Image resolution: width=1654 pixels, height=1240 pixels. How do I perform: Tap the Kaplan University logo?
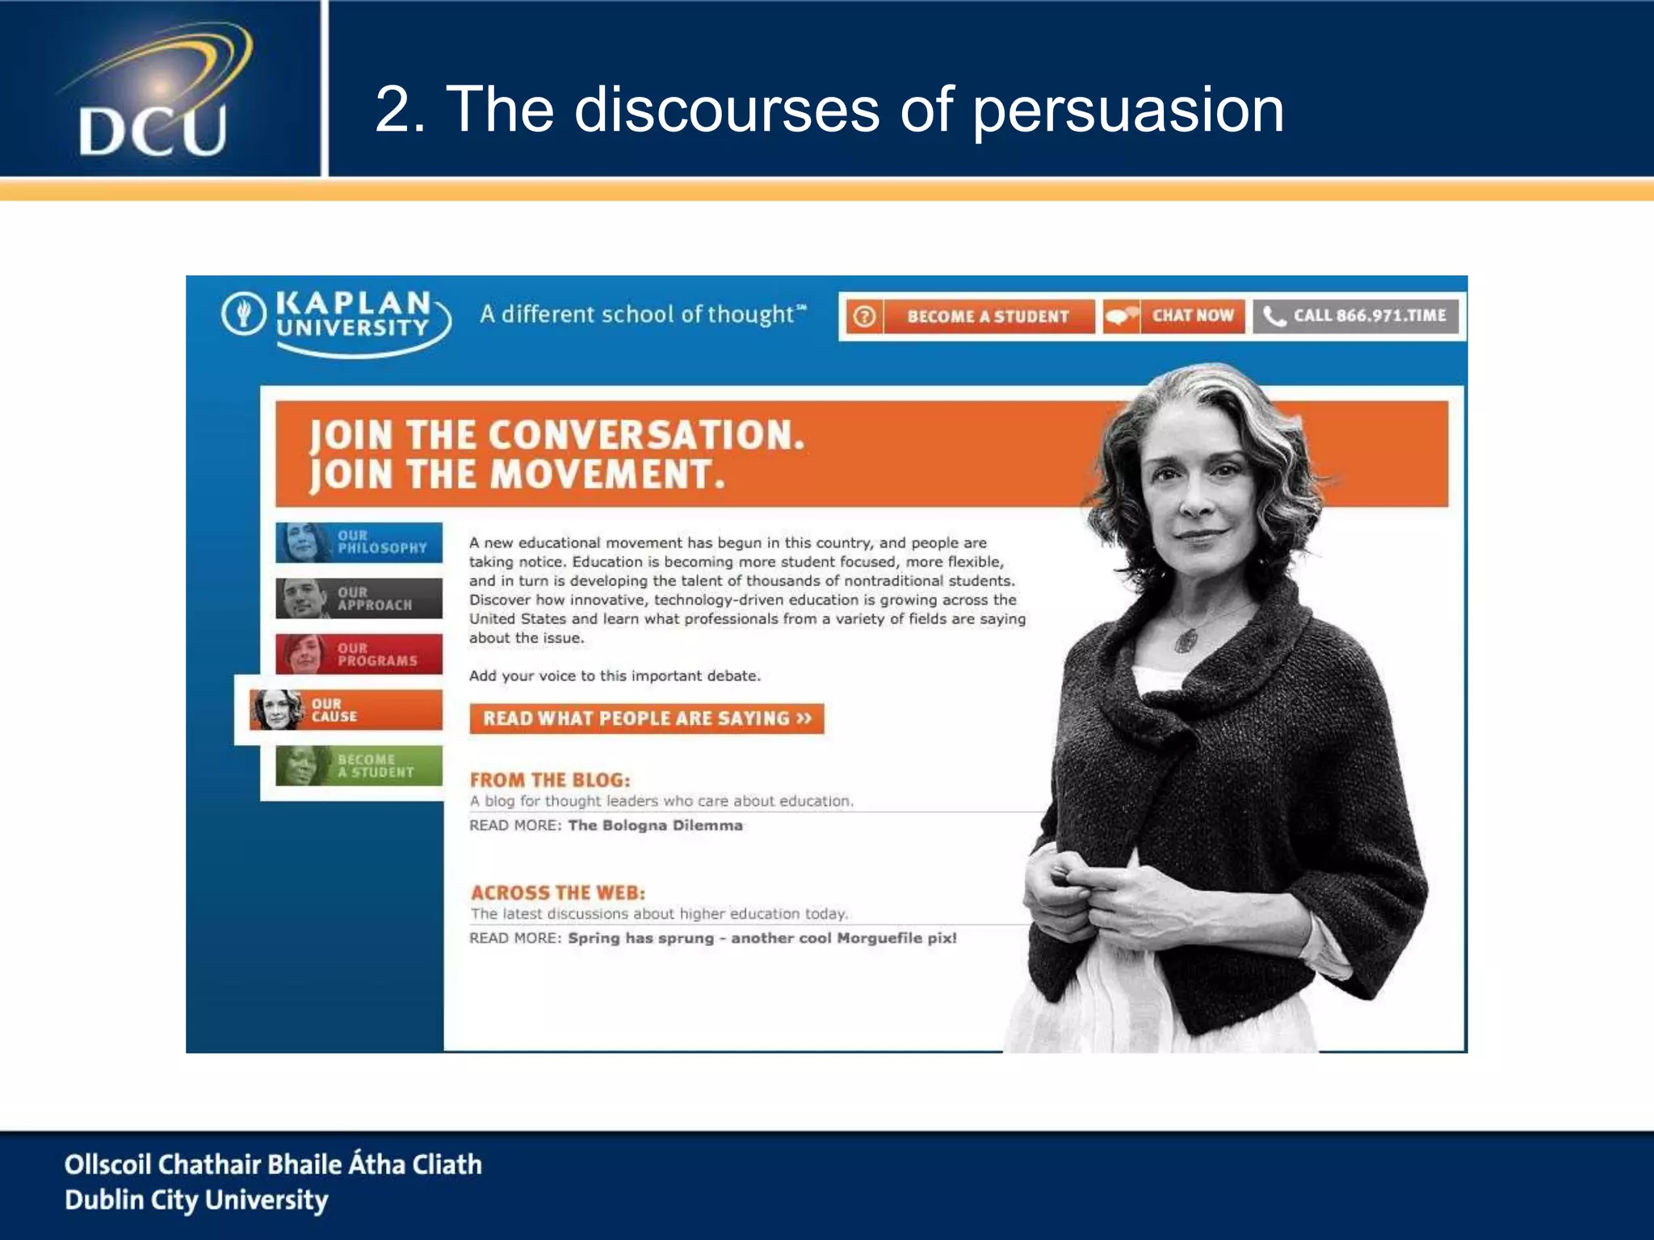point(335,319)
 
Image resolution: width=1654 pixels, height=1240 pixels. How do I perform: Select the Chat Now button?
point(1173,316)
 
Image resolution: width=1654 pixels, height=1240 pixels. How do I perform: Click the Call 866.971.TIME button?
point(1356,316)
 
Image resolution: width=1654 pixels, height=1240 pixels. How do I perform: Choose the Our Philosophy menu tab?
point(359,542)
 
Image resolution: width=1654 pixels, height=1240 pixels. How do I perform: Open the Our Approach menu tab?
point(359,598)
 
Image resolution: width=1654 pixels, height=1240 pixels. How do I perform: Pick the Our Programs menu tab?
point(359,654)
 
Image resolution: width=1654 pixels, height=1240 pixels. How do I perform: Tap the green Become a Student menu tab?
point(359,765)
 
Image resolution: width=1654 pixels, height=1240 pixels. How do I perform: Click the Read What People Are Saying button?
point(646,718)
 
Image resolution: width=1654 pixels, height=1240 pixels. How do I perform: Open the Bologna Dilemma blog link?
point(655,825)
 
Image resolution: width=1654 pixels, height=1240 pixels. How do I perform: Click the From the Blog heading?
point(550,780)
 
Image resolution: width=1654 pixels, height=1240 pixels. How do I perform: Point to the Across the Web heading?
point(558,893)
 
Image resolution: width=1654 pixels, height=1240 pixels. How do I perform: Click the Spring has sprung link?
point(762,938)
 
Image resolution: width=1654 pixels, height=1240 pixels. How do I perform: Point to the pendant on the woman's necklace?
point(1186,640)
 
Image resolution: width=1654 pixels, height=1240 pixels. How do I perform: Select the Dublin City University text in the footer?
point(196,1200)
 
